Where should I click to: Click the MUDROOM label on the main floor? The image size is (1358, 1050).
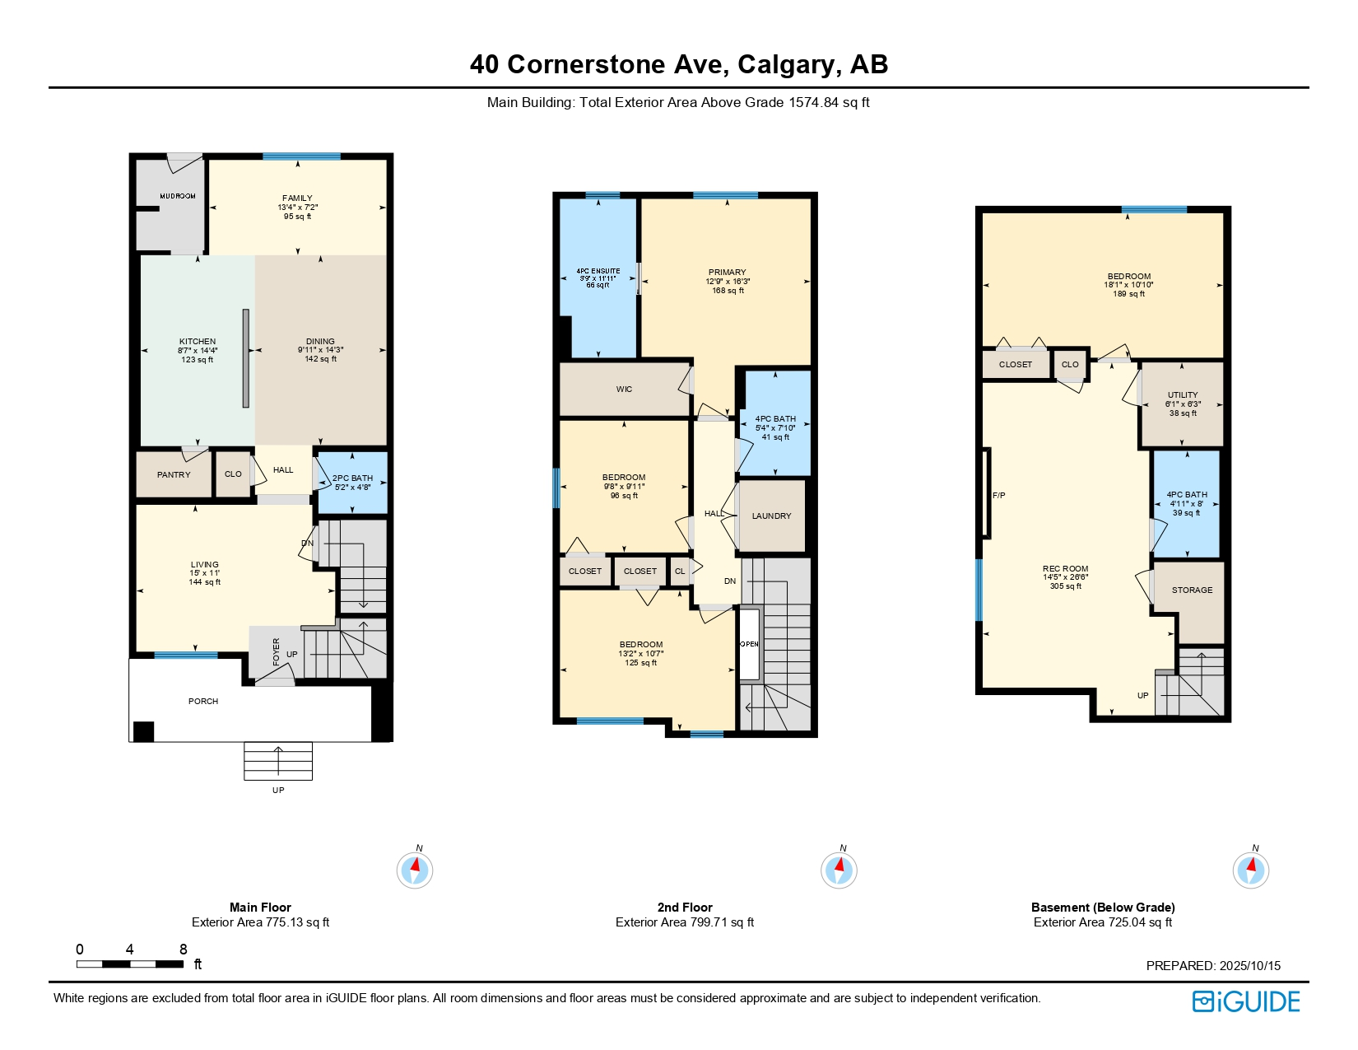(178, 196)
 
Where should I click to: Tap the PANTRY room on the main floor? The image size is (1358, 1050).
(174, 474)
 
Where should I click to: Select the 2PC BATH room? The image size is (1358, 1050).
(352, 482)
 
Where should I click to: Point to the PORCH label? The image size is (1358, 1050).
(203, 701)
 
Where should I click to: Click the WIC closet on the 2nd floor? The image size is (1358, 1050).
(624, 389)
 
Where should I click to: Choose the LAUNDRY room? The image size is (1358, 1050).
(771, 516)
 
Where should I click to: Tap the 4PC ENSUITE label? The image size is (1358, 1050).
(598, 271)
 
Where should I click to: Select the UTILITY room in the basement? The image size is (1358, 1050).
(1183, 404)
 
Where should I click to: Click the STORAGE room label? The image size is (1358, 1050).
(1192, 590)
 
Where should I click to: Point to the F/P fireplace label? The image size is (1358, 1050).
(998, 495)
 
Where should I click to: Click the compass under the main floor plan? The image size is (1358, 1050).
(414, 870)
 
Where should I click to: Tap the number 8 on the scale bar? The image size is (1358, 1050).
(183, 950)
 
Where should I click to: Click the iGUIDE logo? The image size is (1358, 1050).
(1245, 1001)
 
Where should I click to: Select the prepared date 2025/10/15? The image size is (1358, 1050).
(1249, 965)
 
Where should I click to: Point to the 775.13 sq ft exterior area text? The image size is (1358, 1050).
(294, 922)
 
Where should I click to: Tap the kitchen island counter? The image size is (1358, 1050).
(245, 358)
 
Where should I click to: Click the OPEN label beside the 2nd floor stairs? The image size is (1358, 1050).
(749, 644)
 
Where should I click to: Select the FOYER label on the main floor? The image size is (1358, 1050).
(277, 651)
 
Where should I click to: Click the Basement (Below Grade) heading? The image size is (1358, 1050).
(1103, 907)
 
